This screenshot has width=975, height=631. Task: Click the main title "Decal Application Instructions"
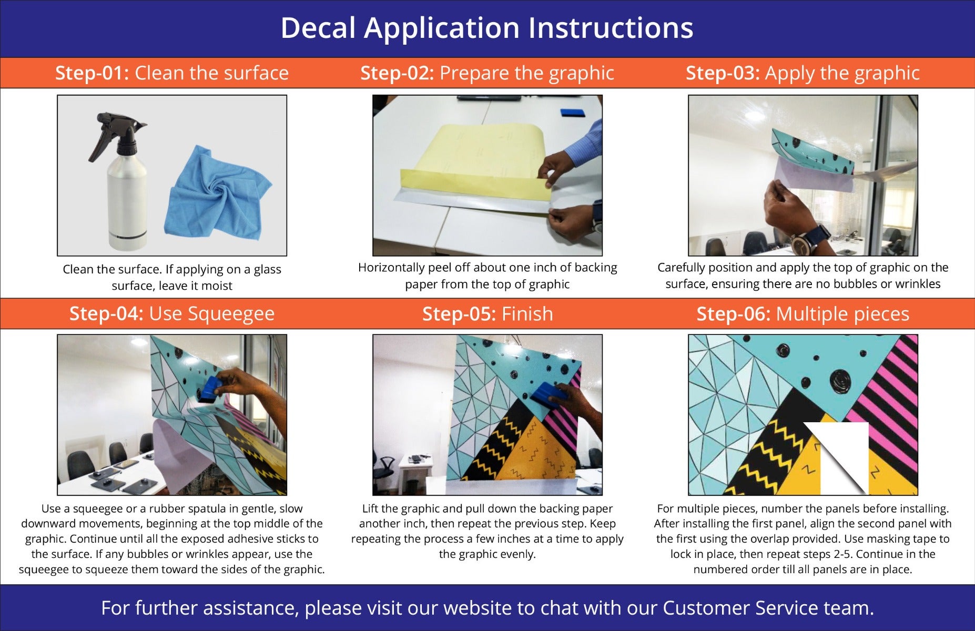[x=487, y=28]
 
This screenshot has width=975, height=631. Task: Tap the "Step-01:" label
[x=92, y=73]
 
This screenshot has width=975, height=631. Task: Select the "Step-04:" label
[x=106, y=314]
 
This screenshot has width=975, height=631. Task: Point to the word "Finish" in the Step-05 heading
[x=527, y=314]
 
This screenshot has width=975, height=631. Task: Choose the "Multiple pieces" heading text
[x=842, y=314]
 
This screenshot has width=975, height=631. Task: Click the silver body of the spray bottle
[x=126, y=205]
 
